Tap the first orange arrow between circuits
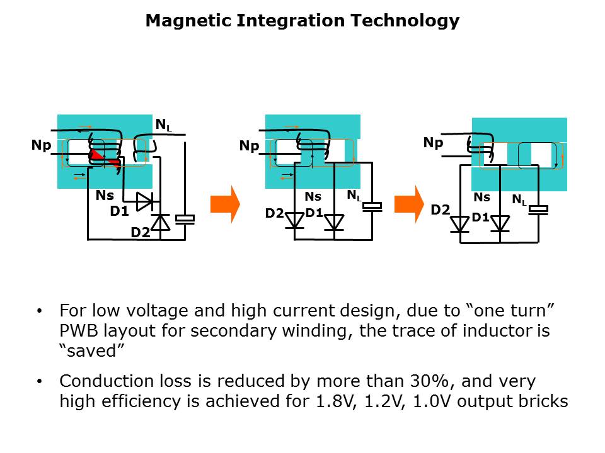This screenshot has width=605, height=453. pyautogui.click(x=225, y=204)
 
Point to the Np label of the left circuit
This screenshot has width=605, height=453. pyautogui.click(x=41, y=145)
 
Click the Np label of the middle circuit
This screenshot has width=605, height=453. pyautogui.click(x=249, y=147)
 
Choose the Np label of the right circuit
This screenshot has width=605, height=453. pyautogui.click(x=433, y=143)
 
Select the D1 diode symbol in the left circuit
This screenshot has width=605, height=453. pyautogui.click(x=145, y=202)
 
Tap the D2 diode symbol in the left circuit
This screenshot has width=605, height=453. pyautogui.click(x=162, y=222)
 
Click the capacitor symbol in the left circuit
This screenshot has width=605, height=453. pyautogui.click(x=185, y=219)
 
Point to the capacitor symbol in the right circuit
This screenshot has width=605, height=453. pyautogui.click(x=539, y=210)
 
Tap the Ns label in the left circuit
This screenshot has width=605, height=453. pyautogui.click(x=105, y=196)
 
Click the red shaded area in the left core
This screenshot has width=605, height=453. pyautogui.click(x=103, y=157)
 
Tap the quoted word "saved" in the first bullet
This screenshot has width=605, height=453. pyautogui.click(x=88, y=351)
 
